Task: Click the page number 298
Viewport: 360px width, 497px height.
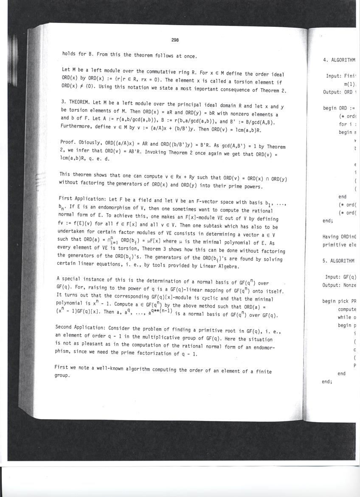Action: pos(175,40)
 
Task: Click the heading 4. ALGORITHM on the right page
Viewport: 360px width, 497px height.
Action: pos(339,60)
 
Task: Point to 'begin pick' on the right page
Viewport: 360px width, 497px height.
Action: pos(338,301)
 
